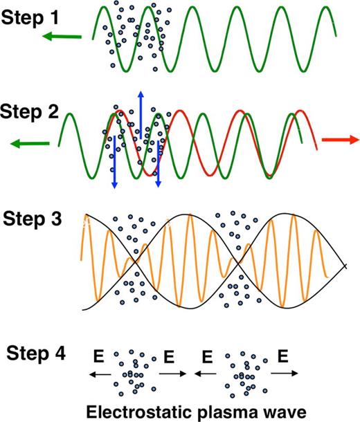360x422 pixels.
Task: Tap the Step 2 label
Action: click(x=30, y=111)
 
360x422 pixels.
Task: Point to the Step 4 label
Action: click(x=36, y=354)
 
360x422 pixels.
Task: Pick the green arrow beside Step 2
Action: click(x=30, y=143)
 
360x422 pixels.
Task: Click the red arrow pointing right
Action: click(x=342, y=140)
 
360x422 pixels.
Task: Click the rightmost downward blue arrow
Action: click(x=159, y=163)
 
